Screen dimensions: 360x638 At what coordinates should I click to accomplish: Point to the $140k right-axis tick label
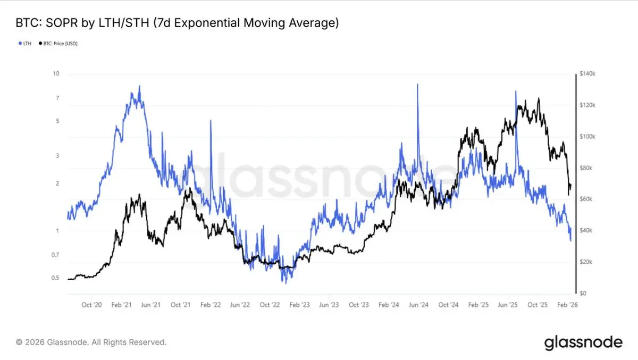tap(587, 74)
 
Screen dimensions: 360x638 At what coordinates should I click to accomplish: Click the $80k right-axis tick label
tap(586, 168)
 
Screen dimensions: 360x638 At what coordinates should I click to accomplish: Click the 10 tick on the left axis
tap(56, 74)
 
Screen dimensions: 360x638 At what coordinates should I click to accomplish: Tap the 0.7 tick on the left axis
tap(55, 255)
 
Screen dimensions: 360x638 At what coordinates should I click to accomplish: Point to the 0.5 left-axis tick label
tap(55, 278)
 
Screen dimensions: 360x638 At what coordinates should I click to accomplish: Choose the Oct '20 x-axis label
tap(91, 305)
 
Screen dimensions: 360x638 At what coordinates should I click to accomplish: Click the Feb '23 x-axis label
tap(299, 305)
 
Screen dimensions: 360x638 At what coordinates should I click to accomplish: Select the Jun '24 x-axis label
tap(418, 305)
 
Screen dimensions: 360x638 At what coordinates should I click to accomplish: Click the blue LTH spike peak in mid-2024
tap(418, 85)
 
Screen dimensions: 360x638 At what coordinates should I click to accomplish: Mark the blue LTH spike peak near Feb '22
tap(211, 121)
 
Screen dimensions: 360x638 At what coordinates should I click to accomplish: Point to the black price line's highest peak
tap(539, 98)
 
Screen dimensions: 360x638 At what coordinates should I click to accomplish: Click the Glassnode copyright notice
tap(91, 342)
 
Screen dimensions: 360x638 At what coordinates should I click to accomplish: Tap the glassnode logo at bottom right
tap(583, 343)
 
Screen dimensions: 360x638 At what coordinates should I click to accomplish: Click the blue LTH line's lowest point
tap(286, 282)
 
